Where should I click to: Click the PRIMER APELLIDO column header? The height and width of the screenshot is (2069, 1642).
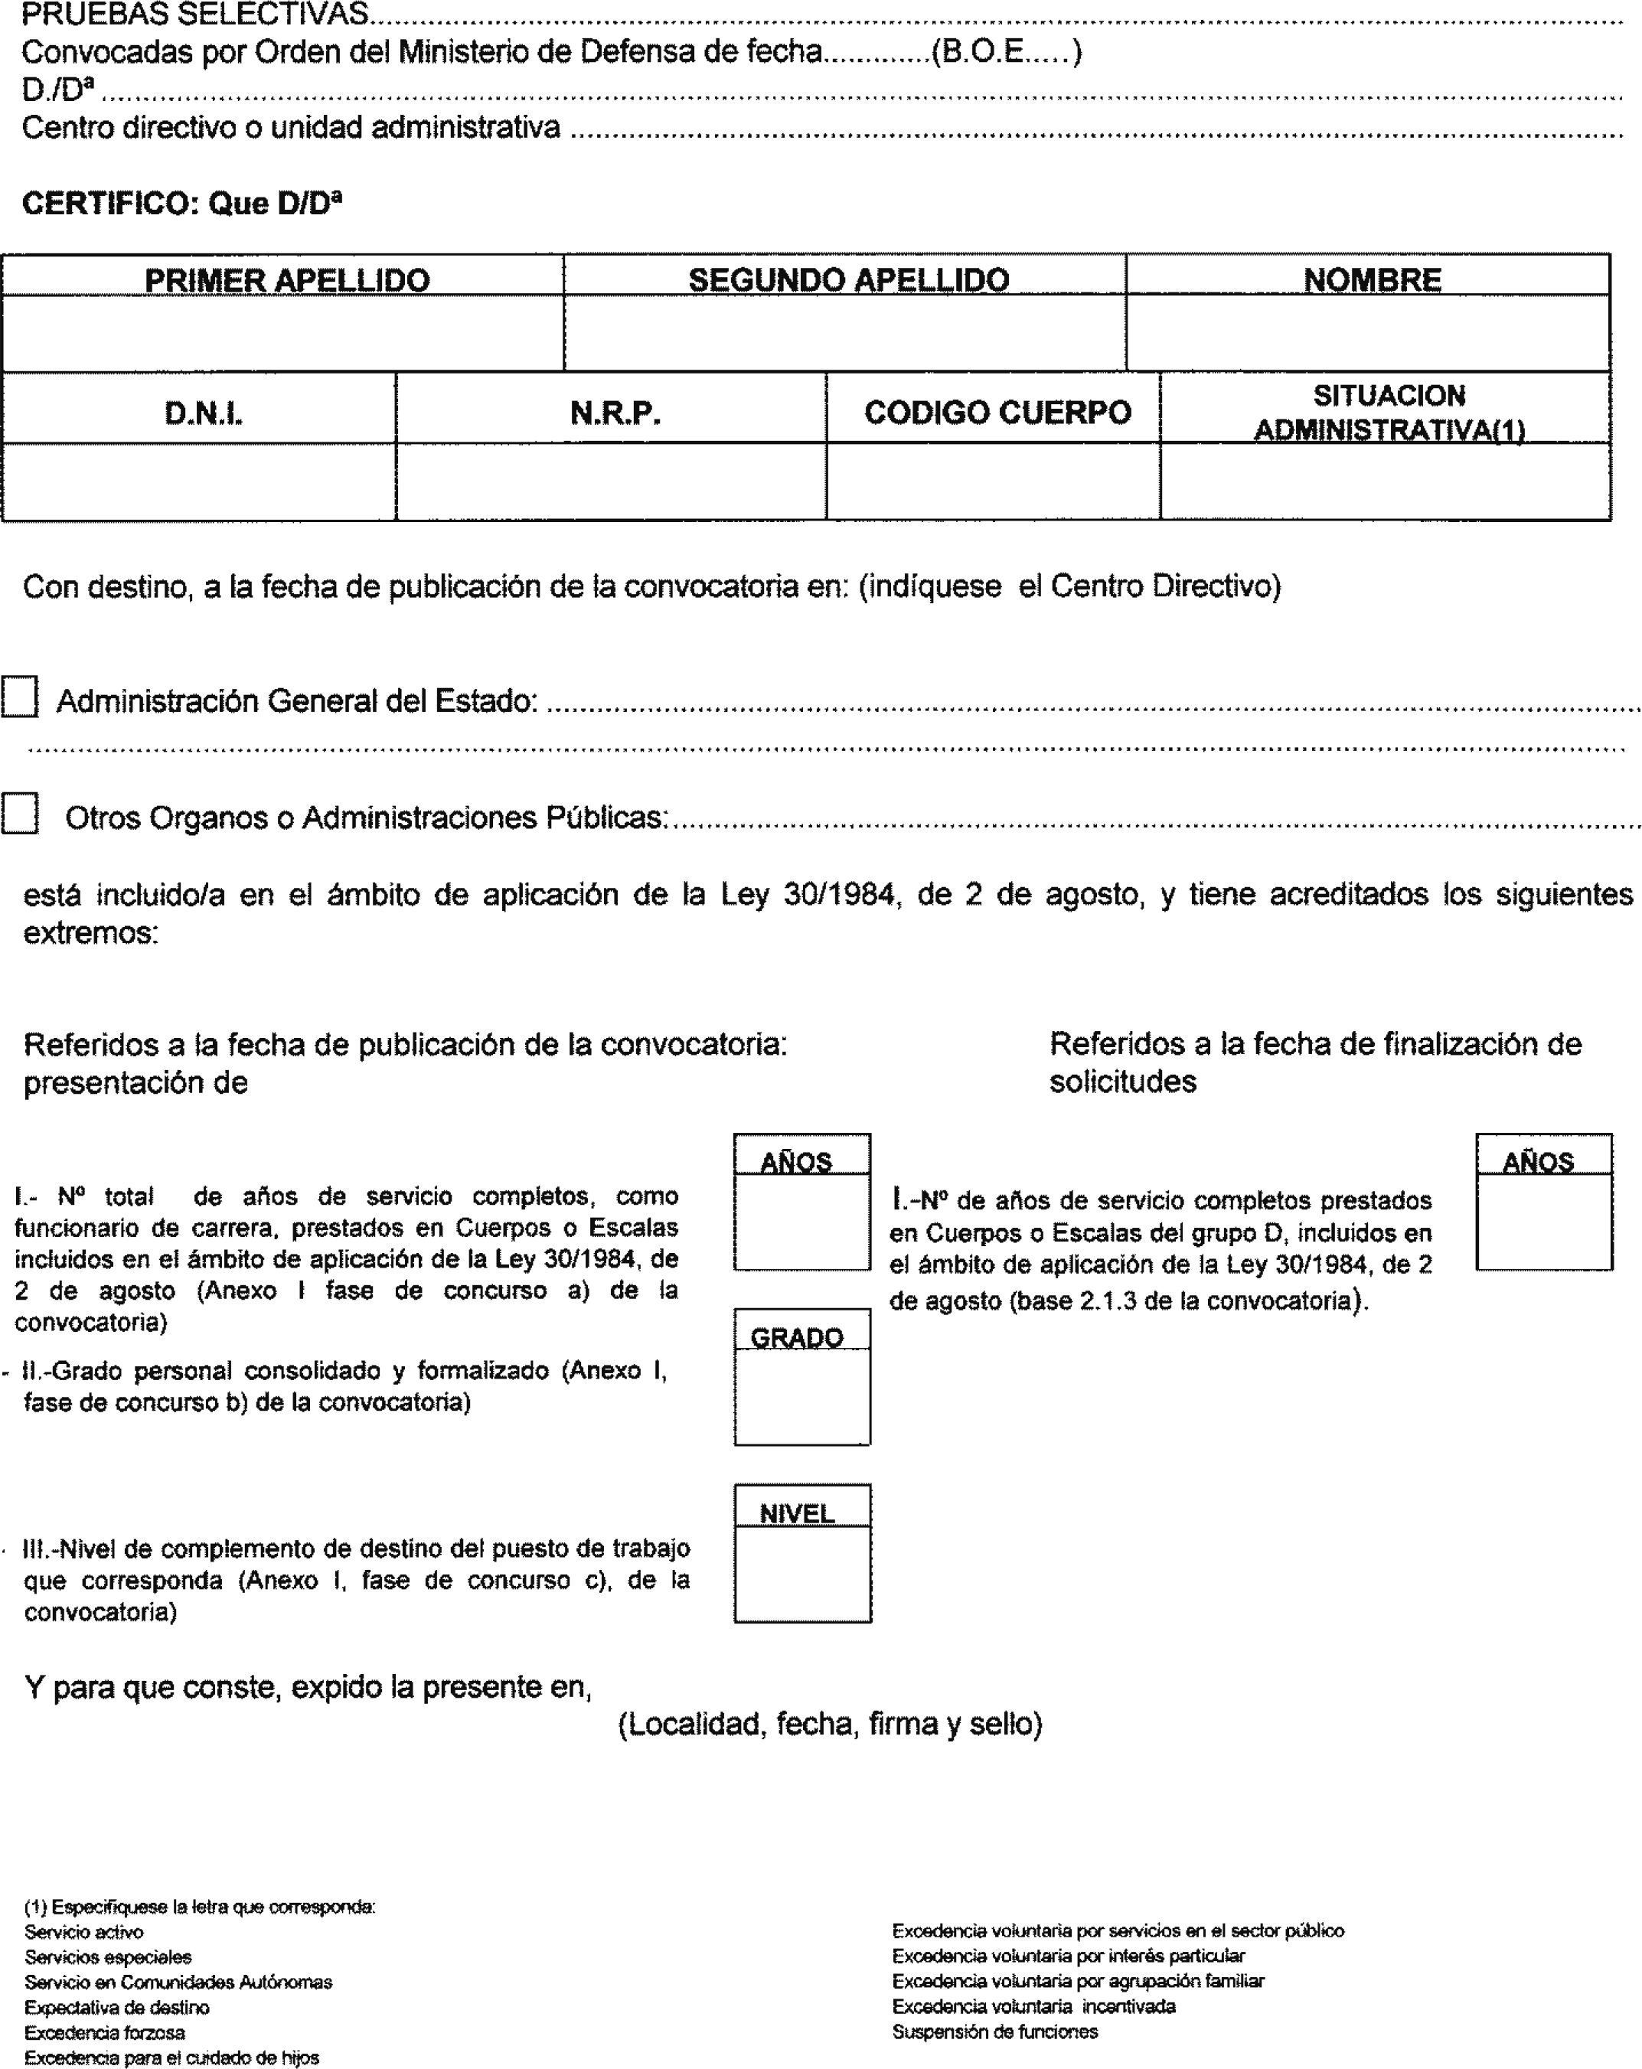click(286, 279)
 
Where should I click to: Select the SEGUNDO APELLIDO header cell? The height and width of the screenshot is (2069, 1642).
click(847, 279)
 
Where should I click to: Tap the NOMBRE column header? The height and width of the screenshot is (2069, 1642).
click(1371, 279)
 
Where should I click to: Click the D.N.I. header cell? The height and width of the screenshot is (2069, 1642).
click(203, 413)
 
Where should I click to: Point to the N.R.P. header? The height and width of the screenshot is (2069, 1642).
click(614, 413)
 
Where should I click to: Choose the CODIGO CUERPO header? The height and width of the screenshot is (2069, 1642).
click(997, 413)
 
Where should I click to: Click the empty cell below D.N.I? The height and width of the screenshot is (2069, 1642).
click(199, 481)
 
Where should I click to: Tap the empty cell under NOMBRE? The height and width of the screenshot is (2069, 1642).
click(1367, 332)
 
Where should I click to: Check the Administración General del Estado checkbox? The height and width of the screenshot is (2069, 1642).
click(19, 697)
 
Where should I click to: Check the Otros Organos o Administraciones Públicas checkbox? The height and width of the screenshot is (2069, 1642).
click(19, 813)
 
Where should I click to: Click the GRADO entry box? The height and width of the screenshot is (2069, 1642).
click(802, 1396)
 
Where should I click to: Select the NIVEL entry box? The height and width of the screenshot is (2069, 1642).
click(802, 1573)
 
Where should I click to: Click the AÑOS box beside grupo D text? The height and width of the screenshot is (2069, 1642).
click(1543, 1221)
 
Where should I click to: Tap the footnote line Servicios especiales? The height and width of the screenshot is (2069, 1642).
click(107, 1956)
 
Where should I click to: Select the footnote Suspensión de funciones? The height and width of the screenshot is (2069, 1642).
click(994, 2031)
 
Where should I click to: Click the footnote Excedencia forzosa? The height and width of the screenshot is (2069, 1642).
click(105, 2032)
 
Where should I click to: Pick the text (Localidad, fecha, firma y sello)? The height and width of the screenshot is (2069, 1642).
click(830, 1725)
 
